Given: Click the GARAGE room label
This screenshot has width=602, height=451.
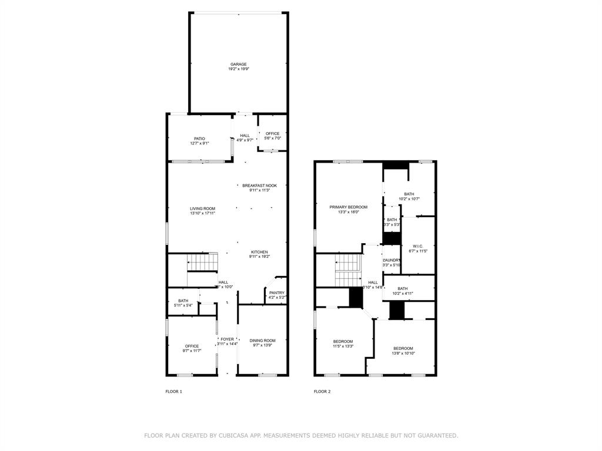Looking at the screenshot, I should pyautogui.click(x=238, y=64).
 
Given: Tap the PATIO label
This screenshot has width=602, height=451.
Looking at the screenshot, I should pyautogui.click(x=199, y=139).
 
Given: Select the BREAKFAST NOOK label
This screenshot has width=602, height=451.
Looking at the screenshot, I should pyautogui.click(x=259, y=185).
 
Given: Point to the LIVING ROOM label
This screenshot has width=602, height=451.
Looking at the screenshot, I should pyautogui.click(x=202, y=208).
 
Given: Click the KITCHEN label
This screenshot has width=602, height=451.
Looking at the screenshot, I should pyautogui.click(x=259, y=252).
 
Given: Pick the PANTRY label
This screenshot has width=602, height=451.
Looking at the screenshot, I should pyautogui.click(x=276, y=293).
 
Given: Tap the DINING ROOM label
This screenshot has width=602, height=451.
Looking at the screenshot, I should pyautogui.click(x=262, y=341).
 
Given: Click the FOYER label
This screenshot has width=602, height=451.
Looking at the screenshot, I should pyautogui.click(x=227, y=339).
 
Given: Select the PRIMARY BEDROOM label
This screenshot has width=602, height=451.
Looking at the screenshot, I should pyautogui.click(x=348, y=207).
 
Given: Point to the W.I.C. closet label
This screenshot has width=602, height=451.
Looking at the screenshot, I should pyautogui.click(x=417, y=246).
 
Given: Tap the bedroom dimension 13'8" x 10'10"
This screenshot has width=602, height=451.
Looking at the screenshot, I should pyautogui.click(x=403, y=353).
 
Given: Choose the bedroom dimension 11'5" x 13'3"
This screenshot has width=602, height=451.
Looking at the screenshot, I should pyautogui.click(x=343, y=346).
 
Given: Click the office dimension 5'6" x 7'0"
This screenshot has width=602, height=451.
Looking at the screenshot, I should pyautogui.click(x=272, y=138).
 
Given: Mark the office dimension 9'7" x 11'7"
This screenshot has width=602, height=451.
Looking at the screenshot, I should pyautogui.click(x=192, y=351).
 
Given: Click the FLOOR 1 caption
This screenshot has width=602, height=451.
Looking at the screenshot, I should pyautogui.click(x=173, y=391).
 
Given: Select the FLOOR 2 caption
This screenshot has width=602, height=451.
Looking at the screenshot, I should pyautogui.click(x=322, y=391).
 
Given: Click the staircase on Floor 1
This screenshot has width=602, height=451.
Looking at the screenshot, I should pyautogui.click(x=202, y=262).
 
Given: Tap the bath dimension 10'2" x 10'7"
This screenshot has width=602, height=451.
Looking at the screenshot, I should pyautogui.click(x=409, y=198).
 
